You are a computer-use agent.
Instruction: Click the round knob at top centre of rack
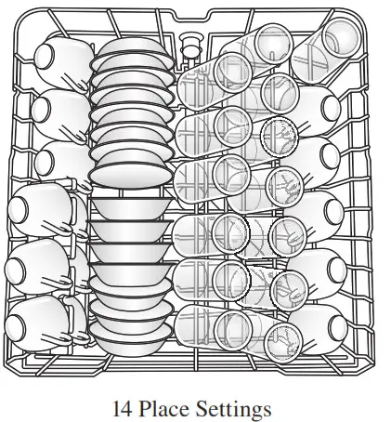coord(193,42)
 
